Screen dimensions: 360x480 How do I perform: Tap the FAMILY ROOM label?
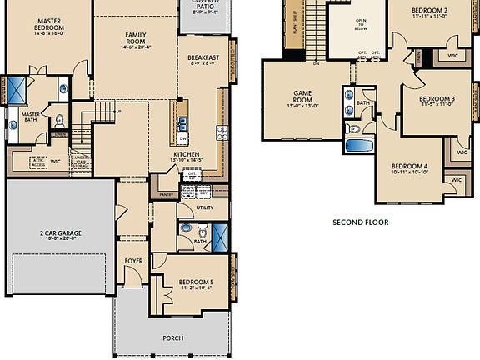(136, 37)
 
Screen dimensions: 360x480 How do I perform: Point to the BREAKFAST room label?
(203, 59)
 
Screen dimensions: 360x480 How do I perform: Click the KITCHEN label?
(187, 155)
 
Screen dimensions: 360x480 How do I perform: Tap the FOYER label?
(134, 261)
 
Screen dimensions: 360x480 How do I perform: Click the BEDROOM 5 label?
(197, 282)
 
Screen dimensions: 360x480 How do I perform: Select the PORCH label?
(173, 337)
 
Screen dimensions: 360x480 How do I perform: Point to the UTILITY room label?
(205, 207)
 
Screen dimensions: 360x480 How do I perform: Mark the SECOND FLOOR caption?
(360, 222)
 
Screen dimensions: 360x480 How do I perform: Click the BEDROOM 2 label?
(430, 12)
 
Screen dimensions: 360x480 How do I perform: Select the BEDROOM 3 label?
(437, 99)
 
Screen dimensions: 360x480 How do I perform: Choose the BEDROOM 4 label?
(409, 167)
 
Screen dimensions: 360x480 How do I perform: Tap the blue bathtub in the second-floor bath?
(359, 146)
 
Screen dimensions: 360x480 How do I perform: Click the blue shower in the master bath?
(16, 88)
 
